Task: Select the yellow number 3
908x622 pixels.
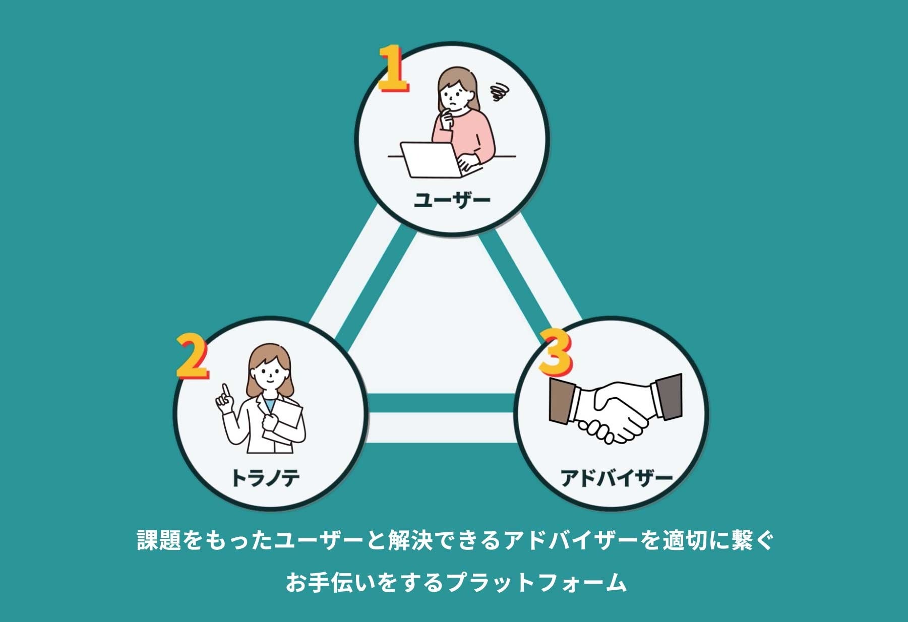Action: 555,352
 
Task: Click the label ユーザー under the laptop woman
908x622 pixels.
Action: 452,200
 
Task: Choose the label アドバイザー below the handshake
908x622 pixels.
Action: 617,477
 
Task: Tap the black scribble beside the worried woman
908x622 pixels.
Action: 500,92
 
